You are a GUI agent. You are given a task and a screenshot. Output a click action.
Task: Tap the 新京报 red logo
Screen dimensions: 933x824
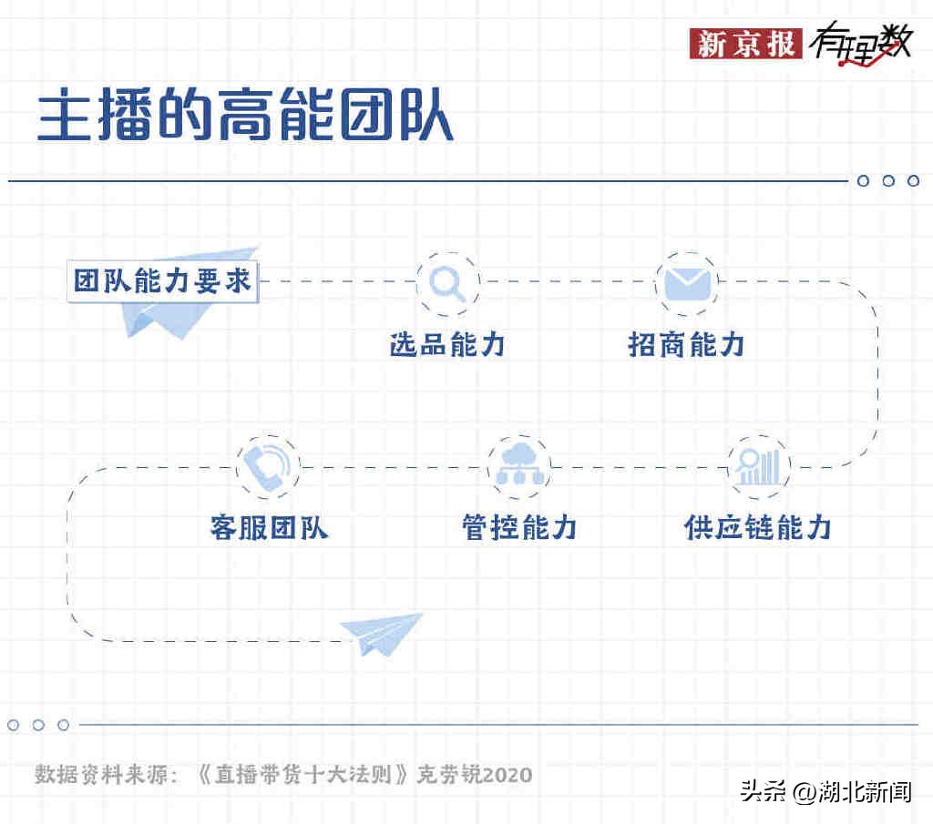[x=746, y=43]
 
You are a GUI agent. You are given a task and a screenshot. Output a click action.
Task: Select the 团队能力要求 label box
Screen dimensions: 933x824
[x=164, y=281]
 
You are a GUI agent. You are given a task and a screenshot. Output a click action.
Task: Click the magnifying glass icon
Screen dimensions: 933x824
[x=447, y=283]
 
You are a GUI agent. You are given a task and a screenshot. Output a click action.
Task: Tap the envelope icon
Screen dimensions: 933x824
[x=686, y=283]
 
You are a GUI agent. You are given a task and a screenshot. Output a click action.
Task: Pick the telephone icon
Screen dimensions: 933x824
[x=267, y=466]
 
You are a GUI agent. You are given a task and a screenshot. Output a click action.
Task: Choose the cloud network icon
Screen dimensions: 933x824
[x=518, y=466]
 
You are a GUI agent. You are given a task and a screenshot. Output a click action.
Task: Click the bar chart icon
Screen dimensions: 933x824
[x=759, y=467]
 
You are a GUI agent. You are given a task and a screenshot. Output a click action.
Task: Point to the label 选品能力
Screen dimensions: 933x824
[x=447, y=344]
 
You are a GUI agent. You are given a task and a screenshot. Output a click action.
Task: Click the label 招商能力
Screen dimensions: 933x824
[x=686, y=344]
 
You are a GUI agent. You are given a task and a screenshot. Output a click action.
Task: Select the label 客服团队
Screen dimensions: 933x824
[x=269, y=528]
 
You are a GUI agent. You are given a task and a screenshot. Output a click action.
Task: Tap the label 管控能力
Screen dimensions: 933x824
[x=519, y=528]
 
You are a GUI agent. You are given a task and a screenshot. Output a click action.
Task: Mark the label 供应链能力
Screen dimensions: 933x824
[x=758, y=528]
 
